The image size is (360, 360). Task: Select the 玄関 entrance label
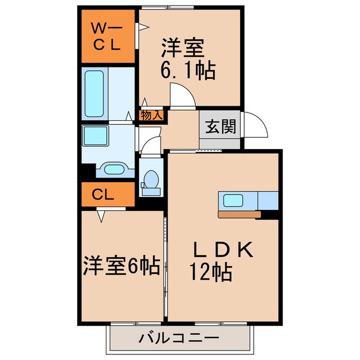[x=219, y=127]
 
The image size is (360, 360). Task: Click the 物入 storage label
[x=151, y=116]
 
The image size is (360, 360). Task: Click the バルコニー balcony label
[x=178, y=339]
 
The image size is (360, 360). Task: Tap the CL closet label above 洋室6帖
[x=107, y=195]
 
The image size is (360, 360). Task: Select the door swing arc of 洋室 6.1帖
[x=181, y=93]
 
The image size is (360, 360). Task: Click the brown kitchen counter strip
[x=239, y=214]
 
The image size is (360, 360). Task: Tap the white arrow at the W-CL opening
[x=144, y=26]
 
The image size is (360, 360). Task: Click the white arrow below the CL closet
[x=101, y=214]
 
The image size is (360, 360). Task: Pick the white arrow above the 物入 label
[x=145, y=102]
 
